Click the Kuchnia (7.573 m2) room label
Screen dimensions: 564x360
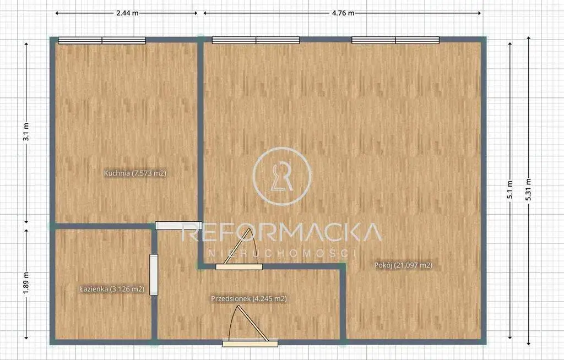click(x=135, y=173)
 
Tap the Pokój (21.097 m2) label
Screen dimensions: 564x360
click(x=403, y=265)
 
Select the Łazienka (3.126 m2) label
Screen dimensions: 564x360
click(x=112, y=289)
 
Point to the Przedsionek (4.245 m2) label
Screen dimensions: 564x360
click(x=249, y=298)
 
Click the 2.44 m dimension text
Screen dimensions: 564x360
click(x=127, y=13)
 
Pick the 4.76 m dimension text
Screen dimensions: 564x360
click(x=343, y=13)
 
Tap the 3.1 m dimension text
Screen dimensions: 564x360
click(x=26, y=132)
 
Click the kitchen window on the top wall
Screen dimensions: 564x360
click(x=102, y=40)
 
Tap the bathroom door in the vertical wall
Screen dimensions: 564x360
click(x=154, y=275)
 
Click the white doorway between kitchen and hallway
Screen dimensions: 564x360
click(x=178, y=226)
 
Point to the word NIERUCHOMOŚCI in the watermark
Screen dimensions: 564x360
click(x=282, y=253)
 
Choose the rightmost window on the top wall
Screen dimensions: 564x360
click(x=395, y=40)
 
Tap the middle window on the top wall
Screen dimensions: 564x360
click(x=256, y=40)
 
